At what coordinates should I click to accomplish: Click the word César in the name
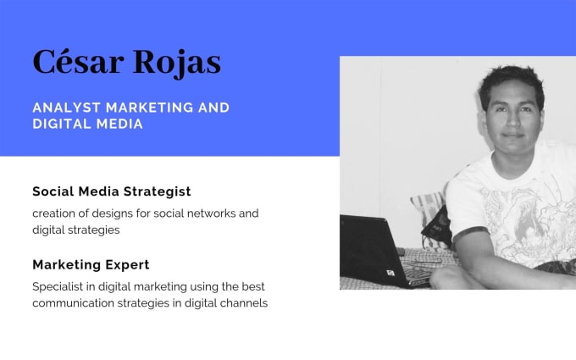click(78, 61)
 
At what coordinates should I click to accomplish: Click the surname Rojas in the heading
click(177, 64)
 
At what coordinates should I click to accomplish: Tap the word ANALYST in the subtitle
click(66, 108)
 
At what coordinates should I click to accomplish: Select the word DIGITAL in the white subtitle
click(61, 124)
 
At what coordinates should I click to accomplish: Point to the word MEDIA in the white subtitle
click(119, 124)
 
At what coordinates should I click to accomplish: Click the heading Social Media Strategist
click(112, 191)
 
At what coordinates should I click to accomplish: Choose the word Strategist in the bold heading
click(158, 191)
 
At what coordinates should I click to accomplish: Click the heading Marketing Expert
click(91, 264)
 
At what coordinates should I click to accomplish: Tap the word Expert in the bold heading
click(127, 265)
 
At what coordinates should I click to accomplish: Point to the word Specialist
click(58, 286)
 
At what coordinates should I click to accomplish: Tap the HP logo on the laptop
click(390, 273)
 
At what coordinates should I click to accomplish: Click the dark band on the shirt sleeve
click(470, 233)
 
